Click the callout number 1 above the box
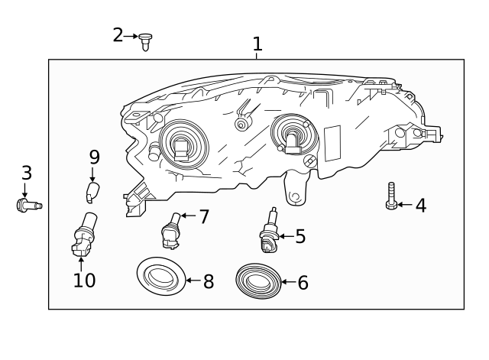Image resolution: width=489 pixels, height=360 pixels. click(x=257, y=44)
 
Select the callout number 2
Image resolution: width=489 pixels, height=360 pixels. click(x=118, y=34)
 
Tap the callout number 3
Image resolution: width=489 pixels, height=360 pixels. click(x=26, y=173)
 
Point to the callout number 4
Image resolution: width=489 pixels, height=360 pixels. click(x=420, y=205)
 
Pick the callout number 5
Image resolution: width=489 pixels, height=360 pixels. click(x=300, y=236)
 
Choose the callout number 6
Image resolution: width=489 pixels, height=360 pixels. click(x=303, y=283)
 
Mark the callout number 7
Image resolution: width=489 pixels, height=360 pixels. click(x=203, y=216)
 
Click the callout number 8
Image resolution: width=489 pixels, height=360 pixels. click(x=208, y=281)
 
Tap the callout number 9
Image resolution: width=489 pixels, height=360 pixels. click(x=94, y=157)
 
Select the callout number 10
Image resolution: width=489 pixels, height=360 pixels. click(x=84, y=280)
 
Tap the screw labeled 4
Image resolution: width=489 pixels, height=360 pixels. click(x=391, y=197)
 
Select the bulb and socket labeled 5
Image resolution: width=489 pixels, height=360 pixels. click(x=268, y=232)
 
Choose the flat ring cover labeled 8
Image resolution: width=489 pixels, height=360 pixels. click(x=160, y=277)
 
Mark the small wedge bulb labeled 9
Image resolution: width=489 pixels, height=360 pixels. click(x=92, y=191)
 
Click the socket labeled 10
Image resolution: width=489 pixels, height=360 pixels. click(x=83, y=236)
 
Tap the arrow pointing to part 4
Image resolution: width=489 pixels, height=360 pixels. click(x=404, y=205)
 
